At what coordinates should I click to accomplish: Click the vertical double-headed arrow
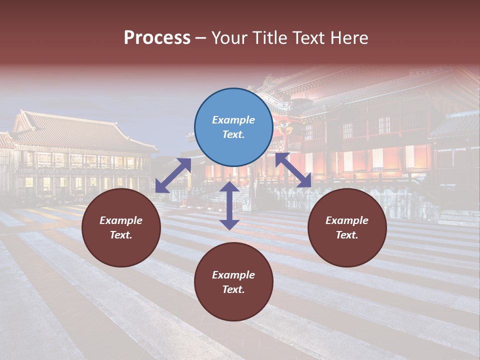[229, 205]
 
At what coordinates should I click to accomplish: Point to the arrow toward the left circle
[173, 175]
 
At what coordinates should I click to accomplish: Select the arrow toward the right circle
[293, 170]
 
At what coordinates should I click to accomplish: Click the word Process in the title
[157, 38]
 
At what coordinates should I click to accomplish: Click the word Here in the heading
[348, 38]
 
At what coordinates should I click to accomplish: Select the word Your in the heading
[229, 38]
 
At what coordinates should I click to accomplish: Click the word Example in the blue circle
[233, 120]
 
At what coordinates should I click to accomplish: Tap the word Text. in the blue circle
[233, 134]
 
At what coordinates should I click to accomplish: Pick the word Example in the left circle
[121, 220]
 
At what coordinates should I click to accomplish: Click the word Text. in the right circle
[347, 235]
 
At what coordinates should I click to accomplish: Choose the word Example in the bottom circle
[233, 275]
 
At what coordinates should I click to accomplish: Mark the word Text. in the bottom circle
[233, 289]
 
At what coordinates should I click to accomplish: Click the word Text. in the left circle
[121, 235]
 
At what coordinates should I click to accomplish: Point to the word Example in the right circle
[347, 220]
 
